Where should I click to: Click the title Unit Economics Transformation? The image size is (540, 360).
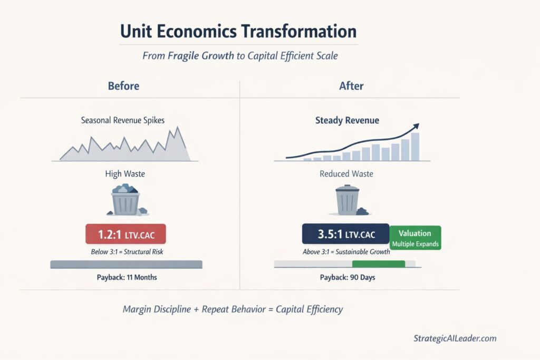238,31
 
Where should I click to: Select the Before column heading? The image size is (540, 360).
123,85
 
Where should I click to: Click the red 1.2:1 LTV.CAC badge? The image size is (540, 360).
126,233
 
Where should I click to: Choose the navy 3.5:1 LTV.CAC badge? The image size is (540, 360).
345,233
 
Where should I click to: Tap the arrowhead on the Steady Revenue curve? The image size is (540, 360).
416,126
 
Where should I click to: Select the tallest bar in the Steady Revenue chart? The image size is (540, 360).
415,147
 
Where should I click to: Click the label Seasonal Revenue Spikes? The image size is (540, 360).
123,120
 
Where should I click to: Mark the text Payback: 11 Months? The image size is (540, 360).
126,277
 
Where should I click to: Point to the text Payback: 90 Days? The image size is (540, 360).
348,277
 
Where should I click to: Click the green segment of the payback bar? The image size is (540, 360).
378,264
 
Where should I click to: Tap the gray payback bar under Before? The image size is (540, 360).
126,264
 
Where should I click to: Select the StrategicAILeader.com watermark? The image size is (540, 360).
455,339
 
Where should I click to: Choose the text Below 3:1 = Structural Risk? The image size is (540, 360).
127,252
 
